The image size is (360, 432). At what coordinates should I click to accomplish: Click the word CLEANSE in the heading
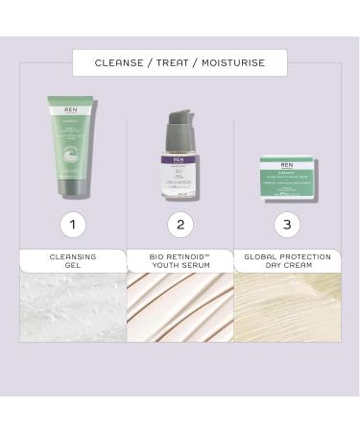point(118,63)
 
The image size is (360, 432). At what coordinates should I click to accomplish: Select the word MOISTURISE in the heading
point(229,63)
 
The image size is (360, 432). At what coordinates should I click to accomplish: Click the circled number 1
point(73,225)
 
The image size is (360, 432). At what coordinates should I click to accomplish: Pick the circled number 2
point(180,225)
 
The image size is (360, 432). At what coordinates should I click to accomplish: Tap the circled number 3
point(287,225)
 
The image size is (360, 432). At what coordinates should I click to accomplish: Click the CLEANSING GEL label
point(73,261)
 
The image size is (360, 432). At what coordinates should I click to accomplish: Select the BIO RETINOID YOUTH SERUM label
point(180,261)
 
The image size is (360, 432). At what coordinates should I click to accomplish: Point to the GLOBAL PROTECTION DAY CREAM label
point(287,261)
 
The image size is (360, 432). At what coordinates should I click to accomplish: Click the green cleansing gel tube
point(73,139)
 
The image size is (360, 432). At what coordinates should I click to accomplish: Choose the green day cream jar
point(287,178)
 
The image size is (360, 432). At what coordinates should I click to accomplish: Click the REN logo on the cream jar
point(287,164)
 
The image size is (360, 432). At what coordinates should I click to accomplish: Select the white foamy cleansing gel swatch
point(73,307)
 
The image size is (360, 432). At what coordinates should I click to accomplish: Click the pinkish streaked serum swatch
point(180,307)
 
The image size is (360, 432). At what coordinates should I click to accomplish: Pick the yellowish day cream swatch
point(287,307)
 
